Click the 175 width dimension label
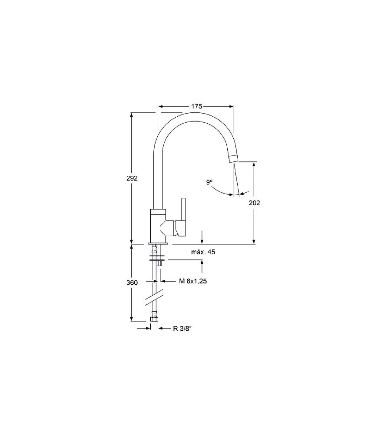pos(197,106)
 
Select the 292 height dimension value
pos(132,178)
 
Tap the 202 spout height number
pos(255,203)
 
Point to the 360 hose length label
pos(132,283)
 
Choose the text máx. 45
pos(203,252)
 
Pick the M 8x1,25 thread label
pos(193,281)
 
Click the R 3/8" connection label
pos(182,329)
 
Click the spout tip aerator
pos(233,158)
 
